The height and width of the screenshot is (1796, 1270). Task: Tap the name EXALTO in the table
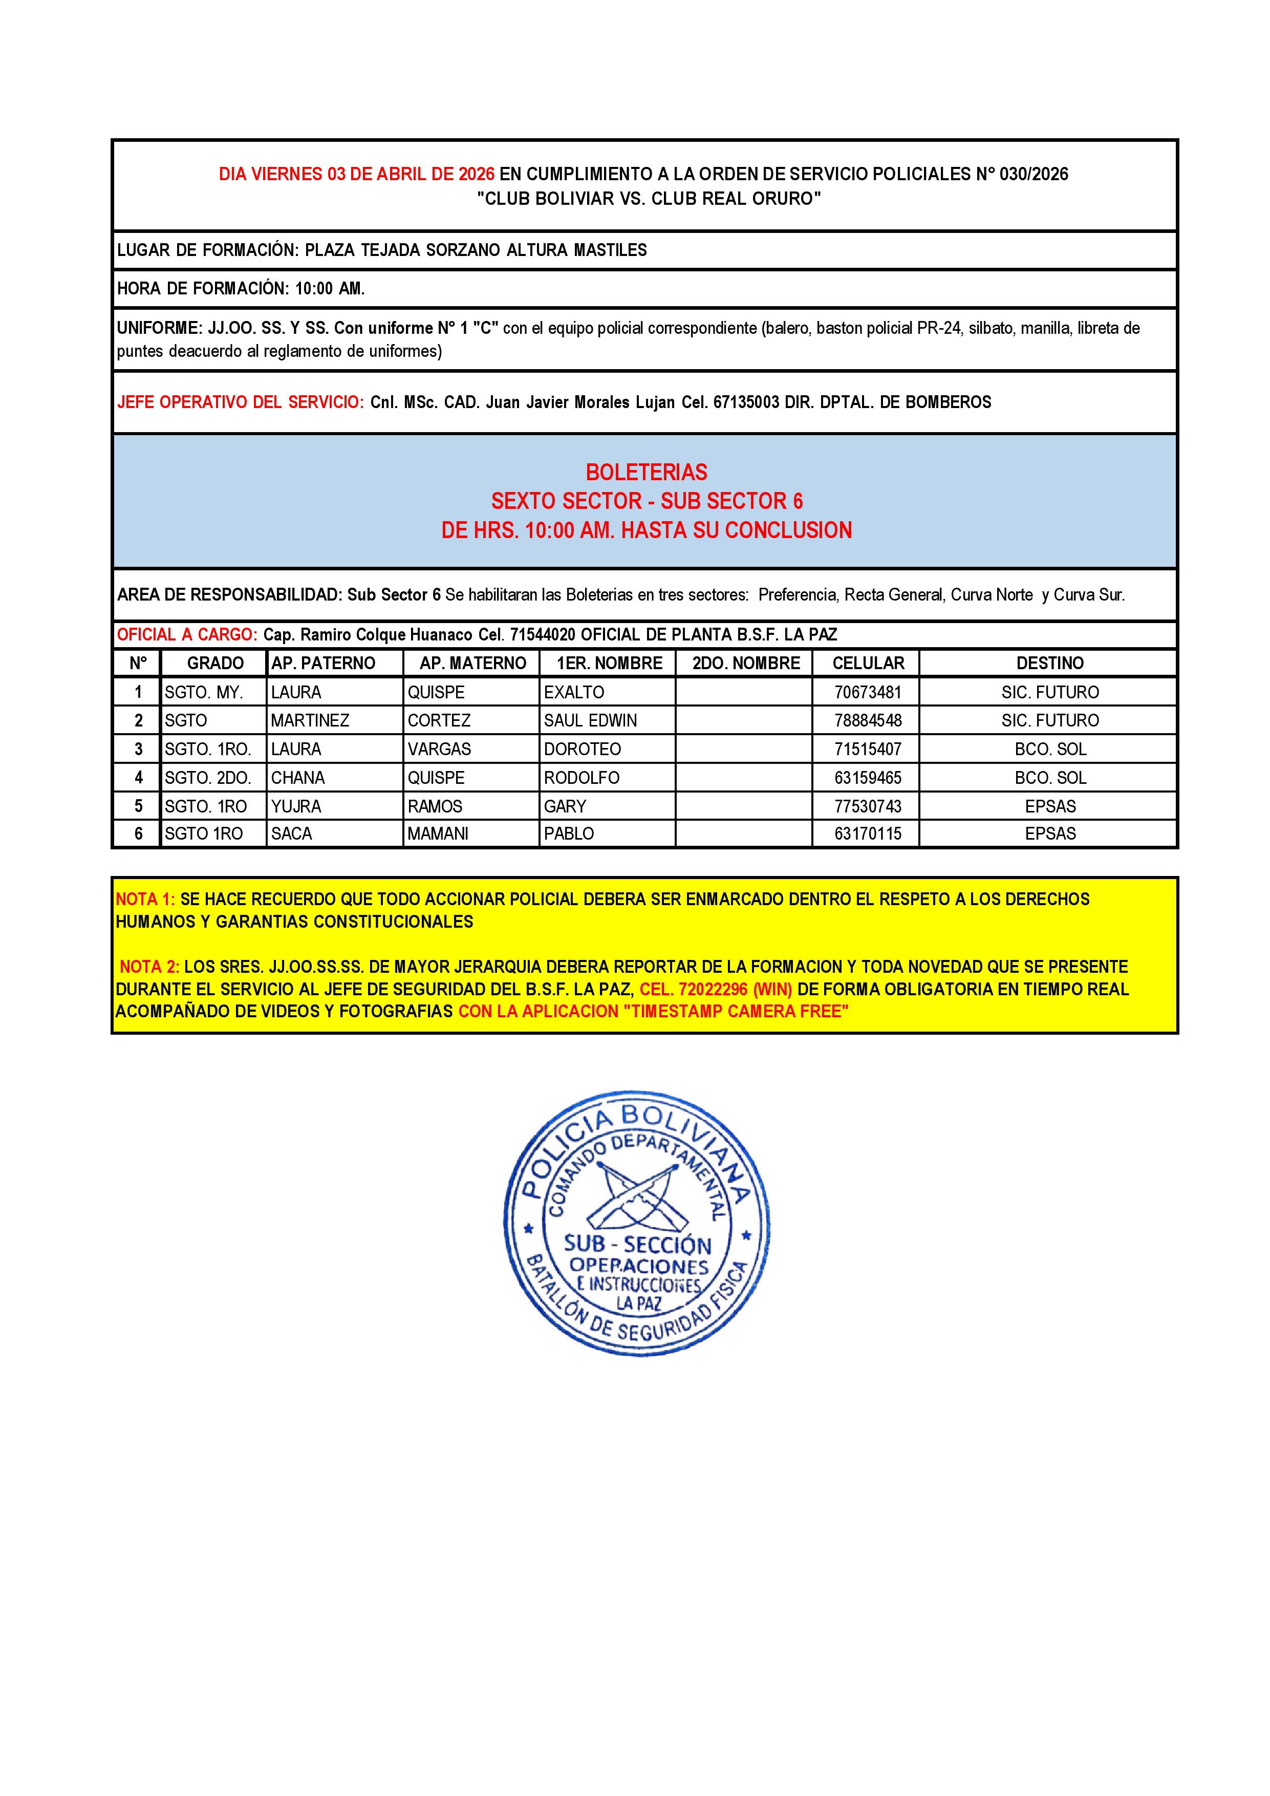tap(574, 692)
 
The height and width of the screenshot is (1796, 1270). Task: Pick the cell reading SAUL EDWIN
tap(590, 720)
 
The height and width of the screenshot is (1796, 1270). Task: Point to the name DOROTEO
tap(582, 750)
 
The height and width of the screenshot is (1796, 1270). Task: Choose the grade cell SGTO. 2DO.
tap(207, 778)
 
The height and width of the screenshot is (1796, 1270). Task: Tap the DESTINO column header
tap(1049, 664)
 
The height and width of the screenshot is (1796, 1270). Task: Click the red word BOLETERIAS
tap(646, 473)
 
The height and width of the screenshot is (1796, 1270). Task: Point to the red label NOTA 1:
tap(145, 900)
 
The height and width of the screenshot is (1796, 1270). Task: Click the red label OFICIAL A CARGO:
tap(187, 634)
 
